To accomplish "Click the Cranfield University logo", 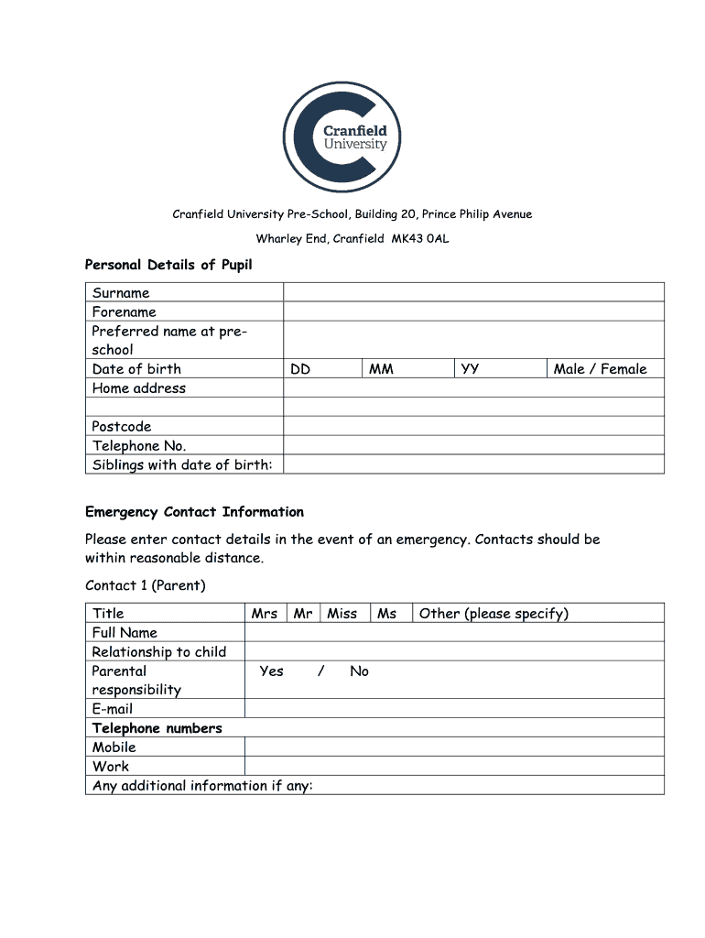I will (x=342, y=137).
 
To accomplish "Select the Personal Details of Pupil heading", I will (x=168, y=265).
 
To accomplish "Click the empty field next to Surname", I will (x=473, y=292).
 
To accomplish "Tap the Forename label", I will (x=125, y=311).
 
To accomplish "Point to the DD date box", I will (x=321, y=369).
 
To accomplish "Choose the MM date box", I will (x=407, y=369).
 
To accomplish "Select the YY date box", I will (x=499, y=369).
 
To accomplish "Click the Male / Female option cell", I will (x=601, y=369).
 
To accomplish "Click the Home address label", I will (x=139, y=388).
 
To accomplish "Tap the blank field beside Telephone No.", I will (x=473, y=445).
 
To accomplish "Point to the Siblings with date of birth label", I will (x=182, y=464).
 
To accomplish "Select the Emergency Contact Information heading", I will (x=194, y=512).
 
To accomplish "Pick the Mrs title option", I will (x=265, y=614).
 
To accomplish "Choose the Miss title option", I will (x=342, y=614).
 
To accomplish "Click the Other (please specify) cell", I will (x=538, y=614).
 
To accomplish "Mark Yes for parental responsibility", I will (x=272, y=671).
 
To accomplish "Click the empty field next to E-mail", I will (x=454, y=709).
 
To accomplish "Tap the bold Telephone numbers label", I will (x=157, y=728).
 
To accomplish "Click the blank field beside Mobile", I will (x=454, y=747).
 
